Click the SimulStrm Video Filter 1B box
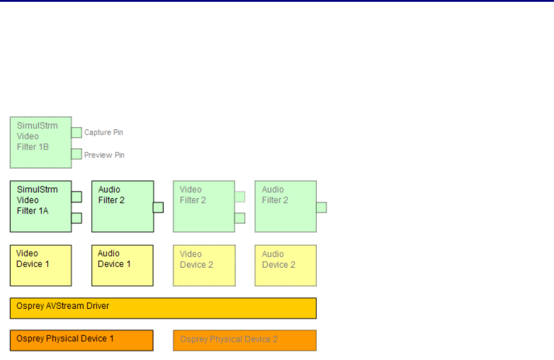pos(41,142)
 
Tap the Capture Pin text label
pos(104,132)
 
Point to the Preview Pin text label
pos(104,155)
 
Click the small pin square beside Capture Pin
pos(76,132)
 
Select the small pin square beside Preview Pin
pos(76,155)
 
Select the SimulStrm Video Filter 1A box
pos(41,206)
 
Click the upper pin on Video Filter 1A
pos(76,196)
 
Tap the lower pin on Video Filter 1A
pos(76,218)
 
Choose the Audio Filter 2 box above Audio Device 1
pos(122,206)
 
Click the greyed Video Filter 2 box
pos(203,206)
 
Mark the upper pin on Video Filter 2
pos(239,196)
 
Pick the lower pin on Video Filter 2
pos(239,218)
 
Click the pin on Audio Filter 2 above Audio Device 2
pos(321,207)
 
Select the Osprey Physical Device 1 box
pos(81,340)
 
